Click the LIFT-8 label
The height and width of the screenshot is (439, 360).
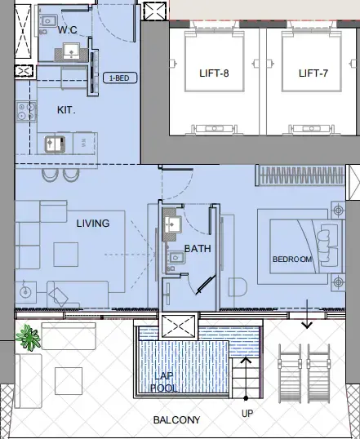pos(214,73)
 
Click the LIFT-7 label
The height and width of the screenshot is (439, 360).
pos(313,73)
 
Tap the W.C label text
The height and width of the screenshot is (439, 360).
pos(69,30)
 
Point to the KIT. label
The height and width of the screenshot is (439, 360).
pos(67,109)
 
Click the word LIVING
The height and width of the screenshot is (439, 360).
pos(93,223)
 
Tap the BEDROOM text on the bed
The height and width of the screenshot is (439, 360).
pos(292,259)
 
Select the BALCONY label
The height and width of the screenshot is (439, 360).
pos(177,420)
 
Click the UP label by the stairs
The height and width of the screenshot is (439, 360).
pos(247,413)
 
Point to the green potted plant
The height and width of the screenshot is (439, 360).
pos(29,335)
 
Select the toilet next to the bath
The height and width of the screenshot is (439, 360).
pos(238,287)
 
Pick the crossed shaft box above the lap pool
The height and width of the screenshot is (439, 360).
pos(179,328)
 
